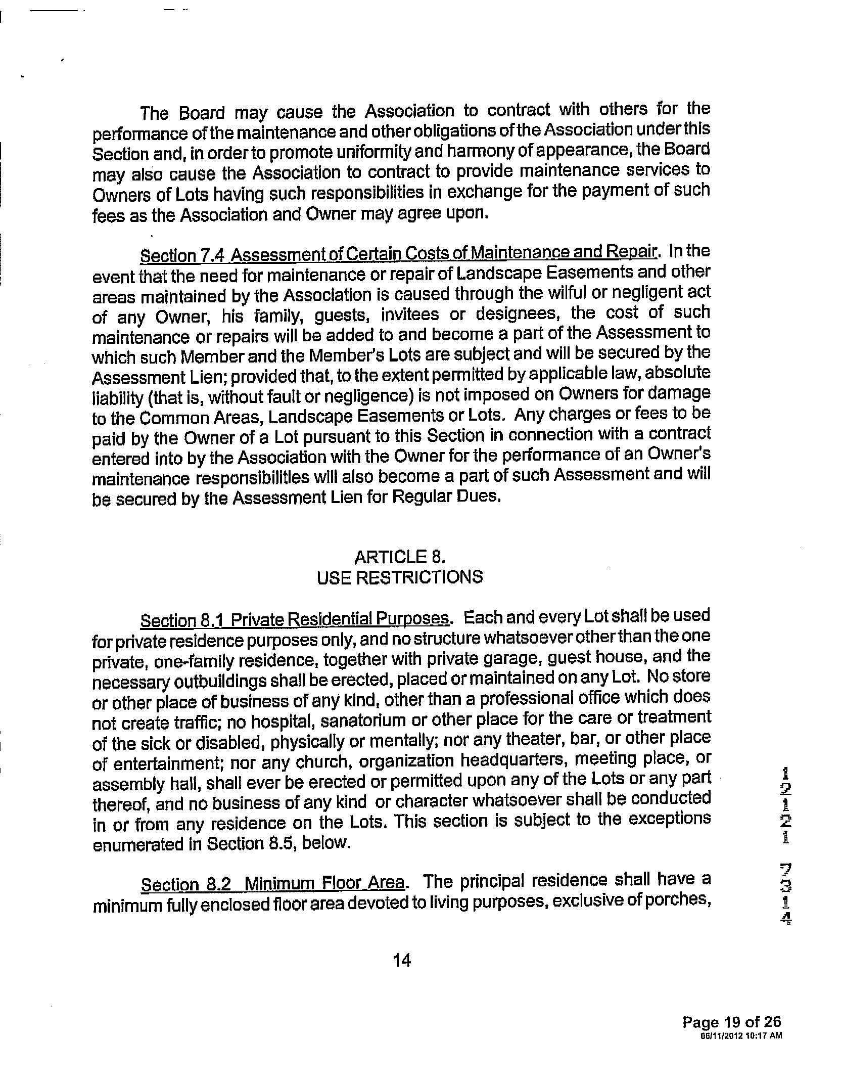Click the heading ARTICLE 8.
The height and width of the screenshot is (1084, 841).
point(399,557)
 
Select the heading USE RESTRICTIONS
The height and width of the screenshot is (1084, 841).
point(399,577)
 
